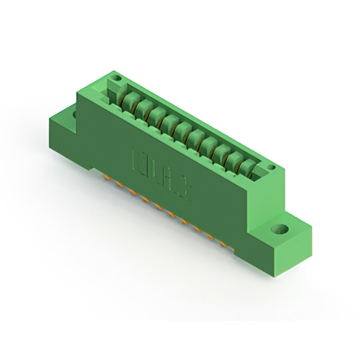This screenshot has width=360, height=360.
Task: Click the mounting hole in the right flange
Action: [x=280, y=230]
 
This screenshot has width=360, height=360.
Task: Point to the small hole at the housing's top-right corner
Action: [x=271, y=167]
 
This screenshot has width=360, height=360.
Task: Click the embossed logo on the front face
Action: [x=159, y=166]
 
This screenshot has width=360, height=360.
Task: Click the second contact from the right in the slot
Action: [x=233, y=157]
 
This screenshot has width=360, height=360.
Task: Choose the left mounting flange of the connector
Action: [x=65, y=127]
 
